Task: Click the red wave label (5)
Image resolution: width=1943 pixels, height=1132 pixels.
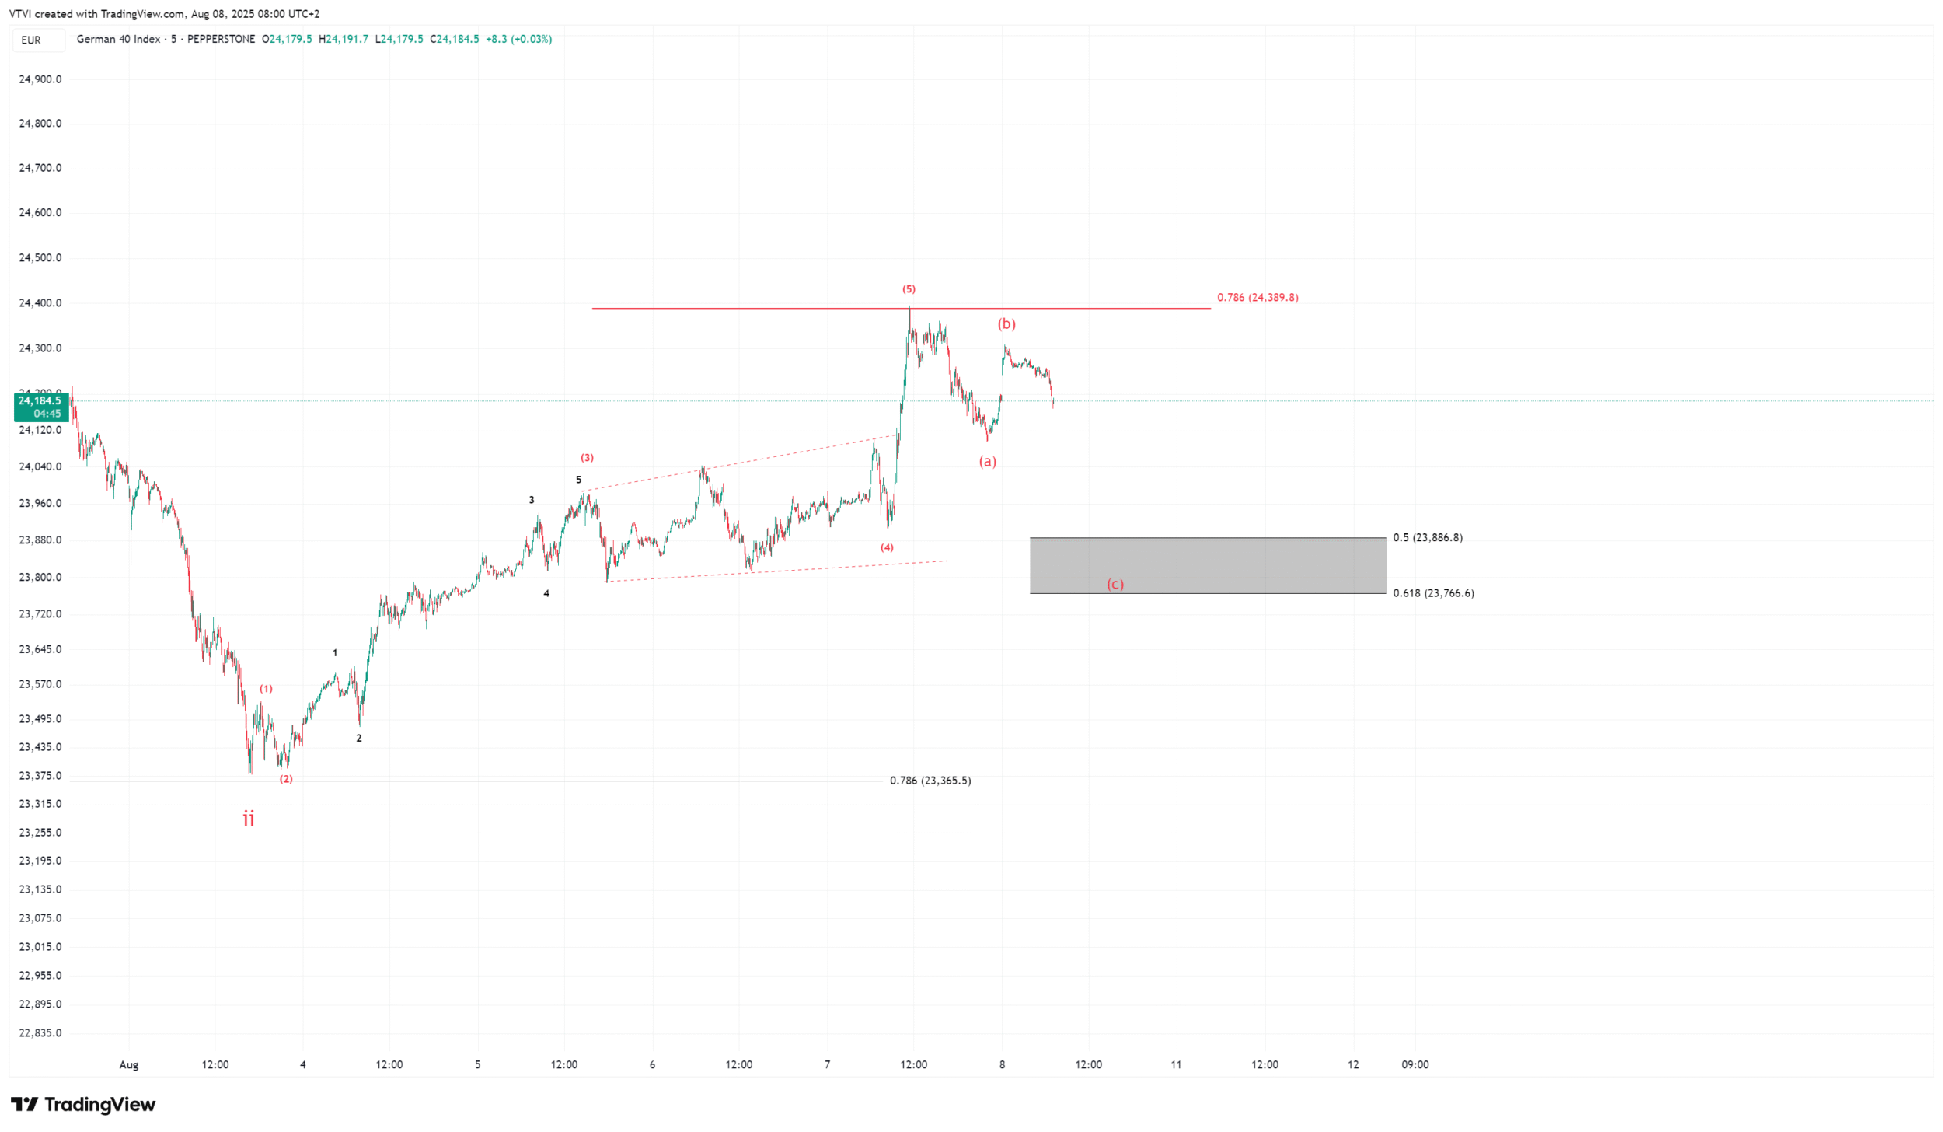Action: point(909,289)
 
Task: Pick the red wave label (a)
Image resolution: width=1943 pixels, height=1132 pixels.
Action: point(987,461)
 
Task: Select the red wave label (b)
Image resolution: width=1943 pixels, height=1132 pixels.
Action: point(1006,323)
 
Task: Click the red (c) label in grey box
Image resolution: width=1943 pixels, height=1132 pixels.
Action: point(1115,584)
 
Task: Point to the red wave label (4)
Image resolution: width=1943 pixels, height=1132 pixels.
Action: point(887,547)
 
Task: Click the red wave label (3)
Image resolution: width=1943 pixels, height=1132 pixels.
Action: point(587,458)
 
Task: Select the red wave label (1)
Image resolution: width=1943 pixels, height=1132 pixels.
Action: point(266,689)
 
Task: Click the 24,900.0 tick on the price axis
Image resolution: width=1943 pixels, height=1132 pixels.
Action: point(40,79)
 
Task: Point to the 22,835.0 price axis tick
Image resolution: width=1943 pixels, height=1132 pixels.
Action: point(40,1032)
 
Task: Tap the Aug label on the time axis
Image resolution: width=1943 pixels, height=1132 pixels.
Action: point(129,1064)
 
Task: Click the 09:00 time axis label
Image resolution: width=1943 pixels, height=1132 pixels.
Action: point(1415,1064)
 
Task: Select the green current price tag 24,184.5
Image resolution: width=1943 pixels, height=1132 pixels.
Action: point(41,407)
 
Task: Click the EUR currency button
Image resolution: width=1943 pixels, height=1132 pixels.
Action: point(31,40)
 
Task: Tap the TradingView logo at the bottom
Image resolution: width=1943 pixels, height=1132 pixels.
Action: point(84,1104)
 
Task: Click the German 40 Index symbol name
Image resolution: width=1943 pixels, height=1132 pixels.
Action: point(118,39)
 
